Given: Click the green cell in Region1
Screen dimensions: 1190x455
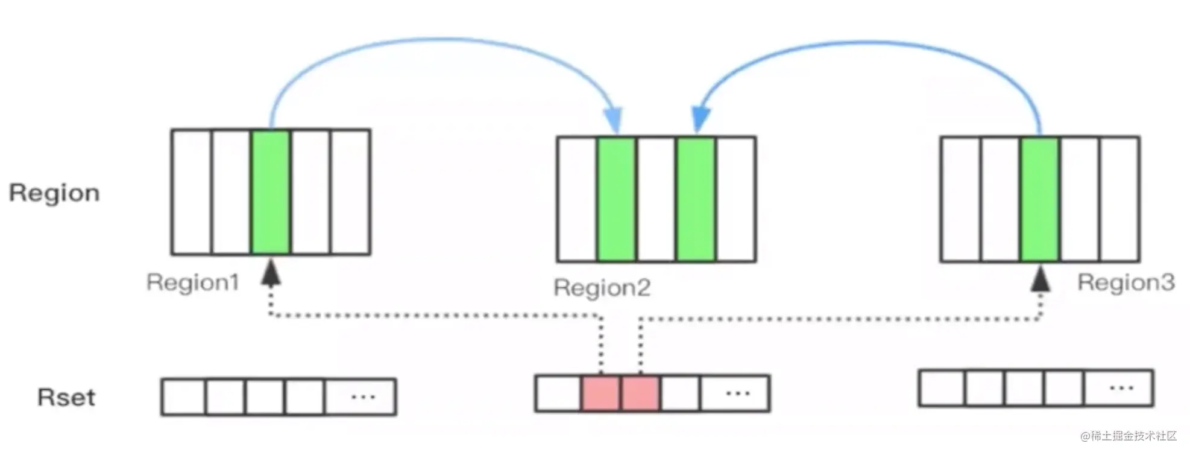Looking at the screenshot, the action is (x=271, y=192).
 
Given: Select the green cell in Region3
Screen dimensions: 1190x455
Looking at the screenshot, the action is (x=1040, y=199).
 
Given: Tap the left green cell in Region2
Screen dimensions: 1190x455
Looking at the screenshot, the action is (x=616, y=199).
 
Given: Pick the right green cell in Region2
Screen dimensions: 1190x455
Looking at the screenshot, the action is (x=696, y=199).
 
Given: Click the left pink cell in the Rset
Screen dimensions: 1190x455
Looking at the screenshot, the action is (x=600, y=393).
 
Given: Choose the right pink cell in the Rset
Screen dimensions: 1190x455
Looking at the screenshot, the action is (x=640, y=393).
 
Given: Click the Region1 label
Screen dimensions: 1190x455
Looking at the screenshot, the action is (x=193, y=282).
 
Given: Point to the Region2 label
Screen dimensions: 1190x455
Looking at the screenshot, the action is (x=602, y=288).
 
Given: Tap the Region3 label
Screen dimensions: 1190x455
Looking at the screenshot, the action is (x=1126, y=282).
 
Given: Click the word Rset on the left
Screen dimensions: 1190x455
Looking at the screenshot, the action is (x=66, y=398).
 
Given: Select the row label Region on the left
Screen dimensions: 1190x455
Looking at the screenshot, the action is (x=54, y=193).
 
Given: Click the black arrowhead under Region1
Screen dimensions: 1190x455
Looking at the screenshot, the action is (x=271, y=272).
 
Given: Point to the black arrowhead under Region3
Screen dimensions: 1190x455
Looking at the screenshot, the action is (x=1040, y=279).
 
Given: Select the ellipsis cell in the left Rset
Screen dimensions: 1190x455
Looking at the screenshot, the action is (x=360, y=397).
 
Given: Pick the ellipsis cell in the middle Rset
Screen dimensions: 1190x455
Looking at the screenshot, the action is (x=735, y=393).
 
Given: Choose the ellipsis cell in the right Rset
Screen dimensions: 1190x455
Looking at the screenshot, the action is (x=1119, y=388).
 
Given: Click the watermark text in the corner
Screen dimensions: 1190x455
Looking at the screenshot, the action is (x=1129, y=436).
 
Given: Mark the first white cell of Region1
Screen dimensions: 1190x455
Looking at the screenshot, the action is (x=192, y=192).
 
